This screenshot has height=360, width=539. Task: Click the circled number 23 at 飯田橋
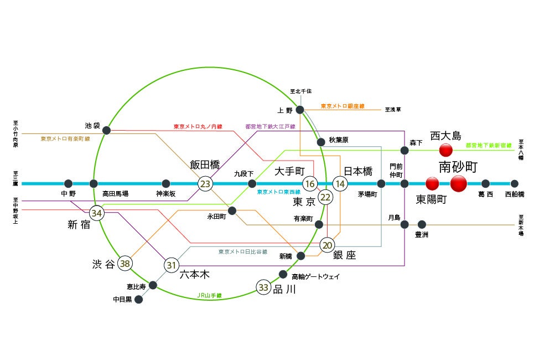tap(205, 184)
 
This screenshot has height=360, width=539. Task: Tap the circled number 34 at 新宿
tap(97, 213)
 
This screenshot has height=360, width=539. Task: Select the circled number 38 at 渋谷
tap(125, 264)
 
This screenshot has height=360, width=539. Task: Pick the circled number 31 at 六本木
tap(172, 266)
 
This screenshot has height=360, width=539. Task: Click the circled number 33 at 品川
tap(263, 287)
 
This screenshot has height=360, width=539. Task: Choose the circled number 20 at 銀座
tap(327, 245)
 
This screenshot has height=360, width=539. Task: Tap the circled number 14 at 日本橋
tap(340, 184)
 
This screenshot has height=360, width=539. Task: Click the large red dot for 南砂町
tap(459, 183)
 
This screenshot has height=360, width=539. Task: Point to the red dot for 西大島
tap(445, 150)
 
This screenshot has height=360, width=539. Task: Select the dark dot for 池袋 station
tap(107, 131)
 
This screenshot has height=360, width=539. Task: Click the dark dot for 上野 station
tap(300, 110)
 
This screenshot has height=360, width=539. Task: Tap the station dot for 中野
tap(68, 184)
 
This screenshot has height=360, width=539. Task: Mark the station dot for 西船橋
tap(514, 184)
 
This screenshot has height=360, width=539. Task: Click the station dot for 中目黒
tap(139, 300)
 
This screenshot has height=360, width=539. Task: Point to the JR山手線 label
tap(209, 296)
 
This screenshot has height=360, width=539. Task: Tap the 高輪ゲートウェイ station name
tap(315, 276)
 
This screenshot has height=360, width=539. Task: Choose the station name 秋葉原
tap(339, 140)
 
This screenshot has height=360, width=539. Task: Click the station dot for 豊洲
tap(422, 224)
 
